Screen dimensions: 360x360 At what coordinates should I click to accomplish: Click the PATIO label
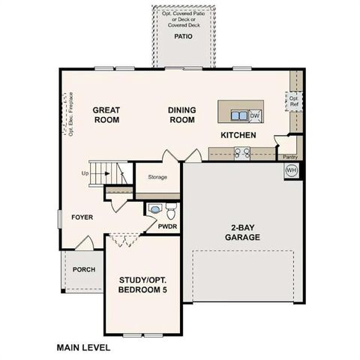pyautogui.click(x=183, y=35)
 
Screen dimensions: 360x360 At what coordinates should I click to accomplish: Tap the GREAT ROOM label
pyautogui.click(x=106, y=115)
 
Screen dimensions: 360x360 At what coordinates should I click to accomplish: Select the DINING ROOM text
pyautogui.click(x=181, y=115)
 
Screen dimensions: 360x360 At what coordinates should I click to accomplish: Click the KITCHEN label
pyautogui.click(x=238, y=136)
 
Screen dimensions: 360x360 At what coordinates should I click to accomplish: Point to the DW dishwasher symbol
pyautogui.click(x=254, y=115)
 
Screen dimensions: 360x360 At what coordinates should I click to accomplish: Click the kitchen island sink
pyautogui.click(x=239, y=115)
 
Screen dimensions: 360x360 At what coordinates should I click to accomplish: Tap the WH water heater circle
pyautogui.click(x=291, y=171)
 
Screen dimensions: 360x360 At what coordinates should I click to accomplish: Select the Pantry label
pyautogui.click(x=290, y=157)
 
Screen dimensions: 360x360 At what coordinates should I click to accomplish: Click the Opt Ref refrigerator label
pyautogui.click(x=294, y=101)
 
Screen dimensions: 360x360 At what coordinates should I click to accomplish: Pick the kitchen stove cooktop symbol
pyautogui.click(x=242, y=153)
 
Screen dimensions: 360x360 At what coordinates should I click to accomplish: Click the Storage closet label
pyautogui.click(x=157, y=177)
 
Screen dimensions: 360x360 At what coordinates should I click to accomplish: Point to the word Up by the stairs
pyautogui.click(x=85, y=173)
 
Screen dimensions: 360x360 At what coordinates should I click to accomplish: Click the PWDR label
pyautogui.click(x=167, y=225)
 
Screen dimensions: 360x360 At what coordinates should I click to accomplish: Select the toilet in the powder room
pyautogui.click(x=170, y=207)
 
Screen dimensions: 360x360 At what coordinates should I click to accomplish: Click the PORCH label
pyautogui.click(x=83, y=268)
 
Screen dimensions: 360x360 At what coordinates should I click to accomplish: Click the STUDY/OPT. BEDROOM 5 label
pyautogui.click(x=142, y=285)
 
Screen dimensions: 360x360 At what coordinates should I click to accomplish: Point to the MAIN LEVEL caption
pyautogui.click(x=83, y=347)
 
